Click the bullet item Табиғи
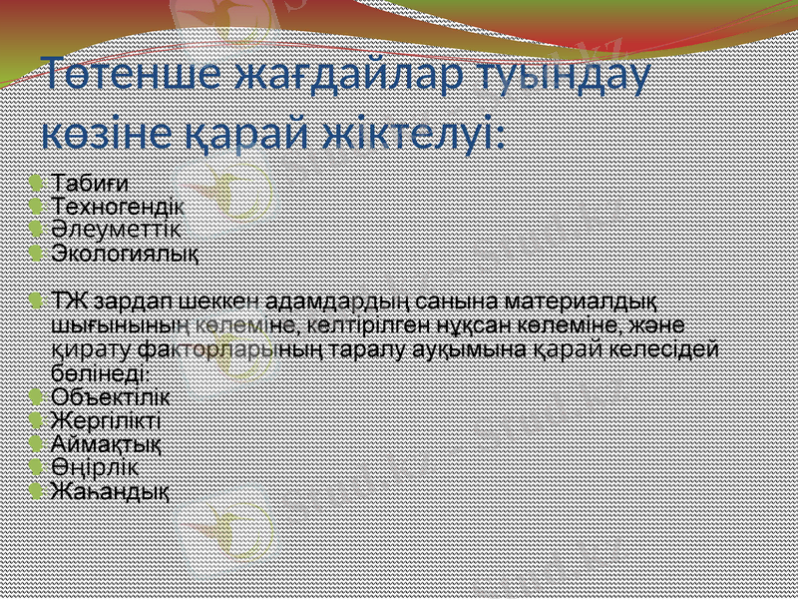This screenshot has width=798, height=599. (x=90, y=183)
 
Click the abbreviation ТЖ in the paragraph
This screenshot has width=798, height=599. (x=68, y=300)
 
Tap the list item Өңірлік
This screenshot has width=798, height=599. (x=95, y=466)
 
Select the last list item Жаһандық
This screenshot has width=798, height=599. (x=110, y=490)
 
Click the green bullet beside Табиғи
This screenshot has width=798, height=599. (x=36, y=183)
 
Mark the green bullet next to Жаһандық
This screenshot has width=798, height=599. (x=36, y=490)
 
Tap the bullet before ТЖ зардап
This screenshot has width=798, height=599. (x=36, y=300)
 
